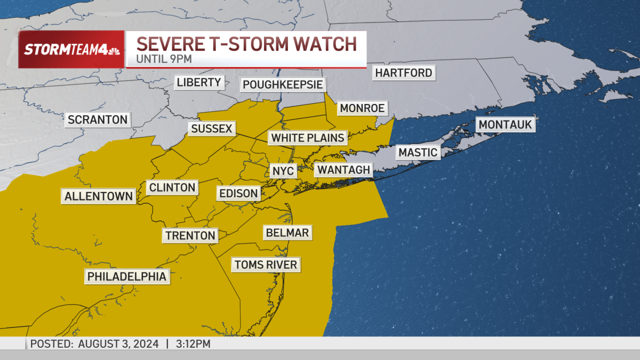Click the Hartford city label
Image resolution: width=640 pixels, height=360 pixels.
(404, 73)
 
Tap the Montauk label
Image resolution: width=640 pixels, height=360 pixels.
(506, 125)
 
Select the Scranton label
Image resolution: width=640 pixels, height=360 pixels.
(98, 119)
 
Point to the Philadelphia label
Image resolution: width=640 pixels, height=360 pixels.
(127, 276)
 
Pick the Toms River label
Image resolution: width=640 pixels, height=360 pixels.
(266, 264)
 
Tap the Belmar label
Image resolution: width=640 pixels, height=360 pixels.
(287, 233)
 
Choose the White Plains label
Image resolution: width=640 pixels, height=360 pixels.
(308, 138)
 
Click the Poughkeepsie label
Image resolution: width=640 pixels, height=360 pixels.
(283, 85)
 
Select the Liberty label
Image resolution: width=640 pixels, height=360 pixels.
(199, 82)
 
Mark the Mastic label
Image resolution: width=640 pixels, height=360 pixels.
(418, 153)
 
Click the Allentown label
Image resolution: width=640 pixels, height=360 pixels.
(99, 196)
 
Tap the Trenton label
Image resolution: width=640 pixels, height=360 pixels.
(190, 235)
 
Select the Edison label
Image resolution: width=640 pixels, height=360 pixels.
(239, 193)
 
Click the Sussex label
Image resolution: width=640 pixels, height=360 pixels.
(212, 129)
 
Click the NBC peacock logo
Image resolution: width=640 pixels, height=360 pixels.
(113, 50)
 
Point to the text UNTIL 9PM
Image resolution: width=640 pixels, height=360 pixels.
(163, 59)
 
